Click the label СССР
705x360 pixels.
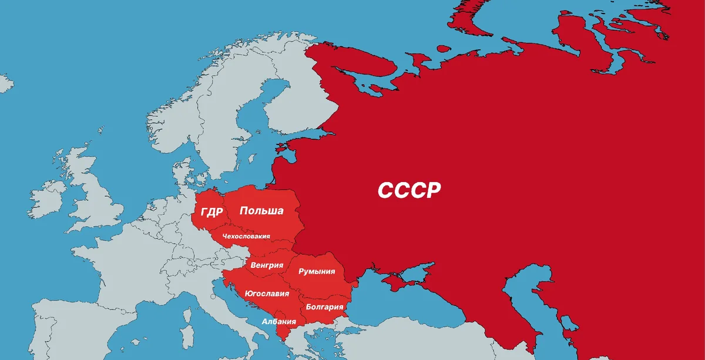pyautogui.click(x=409, y=190)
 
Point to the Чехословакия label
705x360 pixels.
pyautogui.click(x=246, y=237)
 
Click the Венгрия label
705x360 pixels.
pyautogui.click(x=263, y=265)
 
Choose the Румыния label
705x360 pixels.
pyautogui.click(x=317, y=271)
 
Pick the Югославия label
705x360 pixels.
pyautogui.click(x=266, y=294)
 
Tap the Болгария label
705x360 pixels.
pyautogui.click(x=324, y=307)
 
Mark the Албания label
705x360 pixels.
pyautogui.click(x=278, y=321)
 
